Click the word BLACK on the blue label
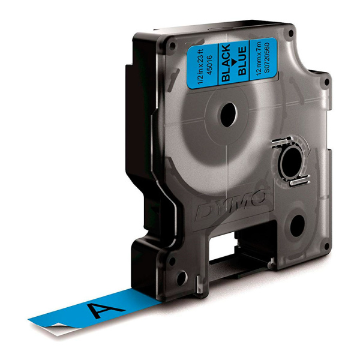tap(225, 62)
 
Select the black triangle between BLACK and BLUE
tap(234, 62)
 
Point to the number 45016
tap(211, 65)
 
